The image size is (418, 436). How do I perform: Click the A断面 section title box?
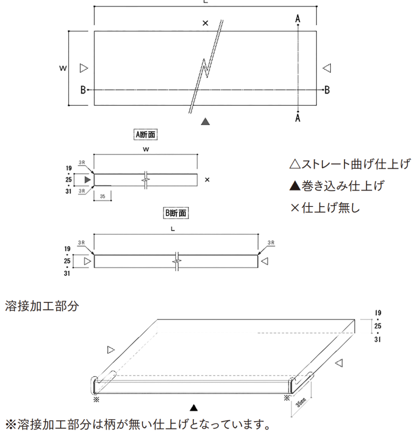pos(145,135)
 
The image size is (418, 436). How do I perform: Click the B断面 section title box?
pos(176,213)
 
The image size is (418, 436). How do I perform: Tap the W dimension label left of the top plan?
pos(63,68)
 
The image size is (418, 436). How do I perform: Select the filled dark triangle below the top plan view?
pos(206,122)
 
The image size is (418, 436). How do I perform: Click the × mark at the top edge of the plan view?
pos(205,23)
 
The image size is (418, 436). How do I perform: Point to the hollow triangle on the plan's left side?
pos(83,68)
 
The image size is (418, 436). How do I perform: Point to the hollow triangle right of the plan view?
pos(326,68)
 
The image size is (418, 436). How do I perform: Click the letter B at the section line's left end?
pos(83,90)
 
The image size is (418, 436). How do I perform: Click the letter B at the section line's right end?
pos(326,90)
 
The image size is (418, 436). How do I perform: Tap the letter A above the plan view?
pos(298,18)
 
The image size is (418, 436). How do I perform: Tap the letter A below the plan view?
pos(298,118)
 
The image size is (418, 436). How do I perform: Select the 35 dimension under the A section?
pos(102,197)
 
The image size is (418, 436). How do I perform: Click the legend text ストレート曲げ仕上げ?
pos(350,164)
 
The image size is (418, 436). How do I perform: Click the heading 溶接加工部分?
pos(42,306)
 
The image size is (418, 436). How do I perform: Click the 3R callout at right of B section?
pos(271,242)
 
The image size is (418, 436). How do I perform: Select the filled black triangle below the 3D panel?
pos(194,408)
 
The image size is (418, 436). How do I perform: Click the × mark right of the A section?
pos(207,180)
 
